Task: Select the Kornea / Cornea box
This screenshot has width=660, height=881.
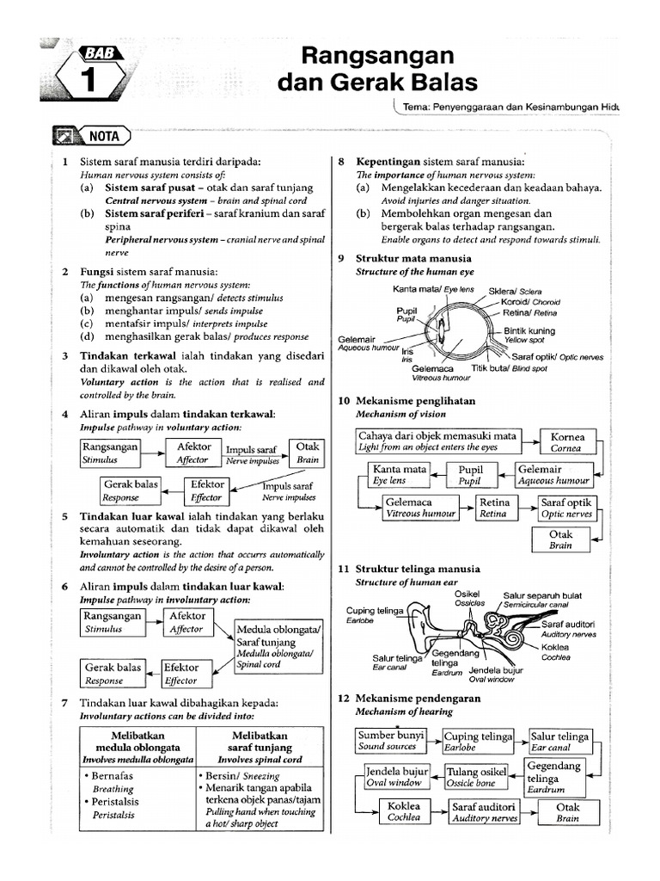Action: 567,442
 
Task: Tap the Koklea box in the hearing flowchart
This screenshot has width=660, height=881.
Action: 404,812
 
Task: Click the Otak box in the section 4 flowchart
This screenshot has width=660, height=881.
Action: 307,453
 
